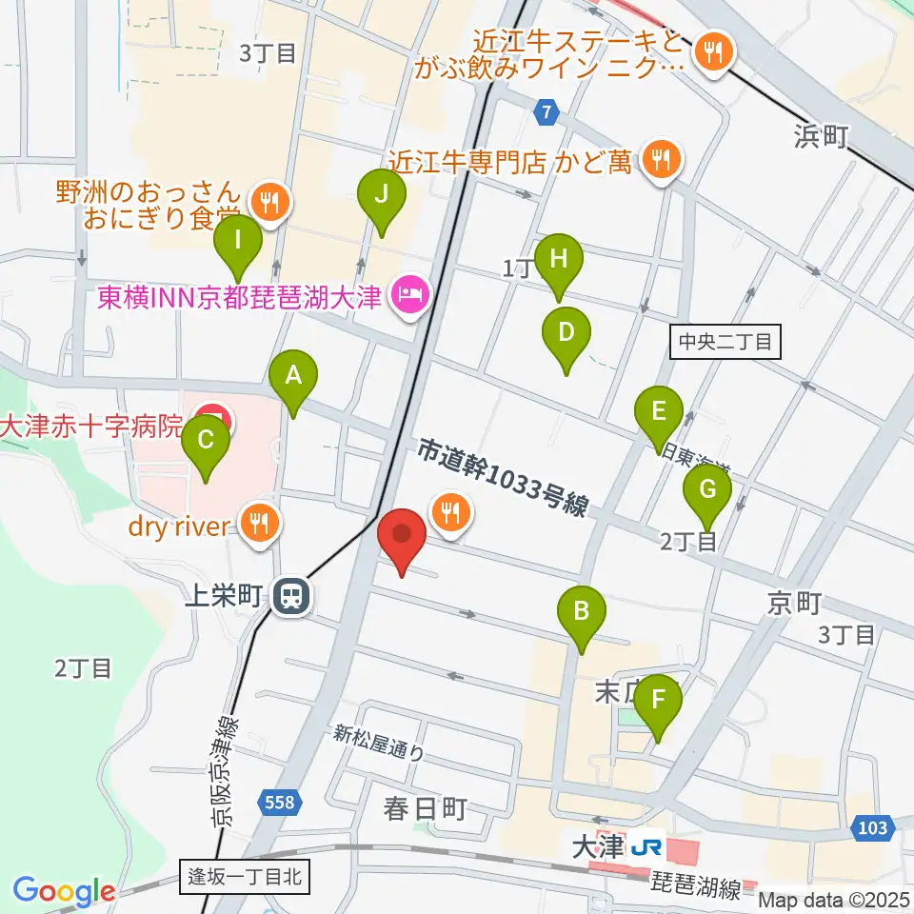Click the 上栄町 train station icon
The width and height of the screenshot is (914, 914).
[x=289, y=598]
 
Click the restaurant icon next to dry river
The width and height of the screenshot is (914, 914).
[x=259, y=523]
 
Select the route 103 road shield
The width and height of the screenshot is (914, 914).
[x=871, y=827]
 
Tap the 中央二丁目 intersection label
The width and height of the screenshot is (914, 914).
[x=725, y=341]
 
